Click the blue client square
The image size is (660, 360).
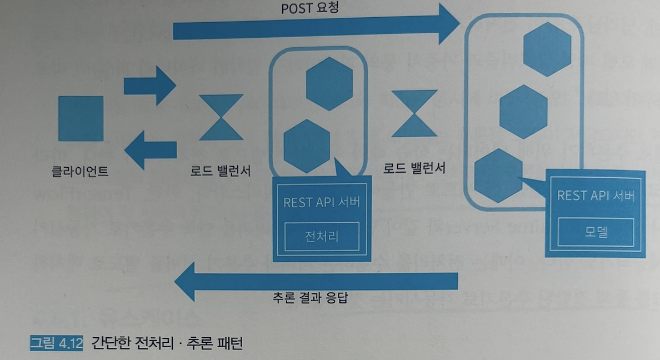coord(81,118)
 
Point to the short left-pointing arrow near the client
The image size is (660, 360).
coord(151,149)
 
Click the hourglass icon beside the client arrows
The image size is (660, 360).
coord(221,117)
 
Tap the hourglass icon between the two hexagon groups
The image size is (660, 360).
coord(414,113)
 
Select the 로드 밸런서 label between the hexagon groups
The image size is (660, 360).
coord(414,167)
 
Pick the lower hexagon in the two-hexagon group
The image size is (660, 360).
coord(307,146)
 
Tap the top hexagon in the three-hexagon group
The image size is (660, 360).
coord(547,49)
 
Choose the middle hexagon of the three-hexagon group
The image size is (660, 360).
coord(523,112)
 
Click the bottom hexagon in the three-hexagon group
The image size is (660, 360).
coord(498,175)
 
